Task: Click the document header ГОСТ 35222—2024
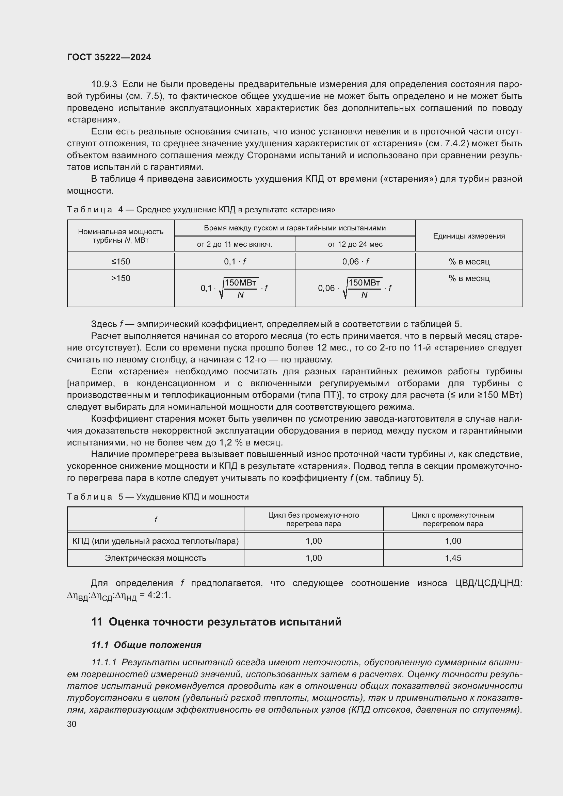click(109, 58)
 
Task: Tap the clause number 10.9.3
click(104, 84)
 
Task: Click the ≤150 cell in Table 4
click(120, 262)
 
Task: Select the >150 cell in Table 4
click(120, 278)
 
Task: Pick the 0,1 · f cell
click(235, 262)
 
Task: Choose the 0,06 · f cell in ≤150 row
click(355, 262)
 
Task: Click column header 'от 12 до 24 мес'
click(355, 244)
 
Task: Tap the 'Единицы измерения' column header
click(469, 236)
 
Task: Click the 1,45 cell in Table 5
click(453, 558)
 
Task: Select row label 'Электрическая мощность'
click(155, 558)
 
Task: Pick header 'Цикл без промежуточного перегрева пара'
click(313, 519)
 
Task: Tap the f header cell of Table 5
click(156, 519)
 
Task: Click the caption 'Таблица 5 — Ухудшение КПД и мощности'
click(158, 497)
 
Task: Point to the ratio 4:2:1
click(159, 595)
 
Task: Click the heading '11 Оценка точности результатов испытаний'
click(216, 622)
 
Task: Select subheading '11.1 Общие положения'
click(146, 645)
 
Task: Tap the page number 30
click(72, 724)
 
